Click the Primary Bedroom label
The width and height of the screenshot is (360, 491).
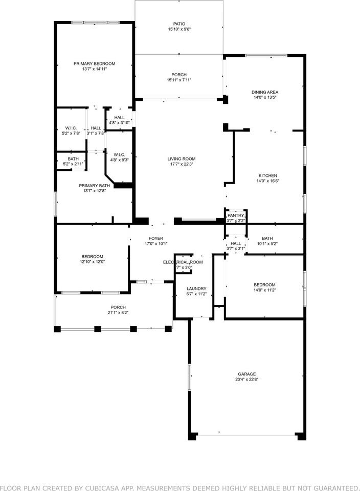94,64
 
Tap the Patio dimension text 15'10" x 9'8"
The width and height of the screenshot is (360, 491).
178,30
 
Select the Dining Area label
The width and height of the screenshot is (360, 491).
264,93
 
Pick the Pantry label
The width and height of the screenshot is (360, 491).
236,215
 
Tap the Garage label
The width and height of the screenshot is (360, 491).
246,374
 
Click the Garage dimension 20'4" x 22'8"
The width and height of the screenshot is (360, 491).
246,380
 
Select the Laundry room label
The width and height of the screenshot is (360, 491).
196,288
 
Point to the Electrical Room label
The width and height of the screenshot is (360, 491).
183,262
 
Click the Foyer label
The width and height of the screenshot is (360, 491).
155,238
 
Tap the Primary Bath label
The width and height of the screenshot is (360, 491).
94,186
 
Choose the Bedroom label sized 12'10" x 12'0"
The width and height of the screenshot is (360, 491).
92,256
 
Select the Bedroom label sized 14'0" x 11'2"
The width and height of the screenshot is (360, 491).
264,285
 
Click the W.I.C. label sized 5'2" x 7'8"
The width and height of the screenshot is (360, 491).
71,128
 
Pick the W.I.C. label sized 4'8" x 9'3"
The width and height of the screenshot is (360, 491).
119,154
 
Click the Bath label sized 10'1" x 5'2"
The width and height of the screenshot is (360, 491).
267,238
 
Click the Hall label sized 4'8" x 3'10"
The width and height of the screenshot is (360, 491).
119,118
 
